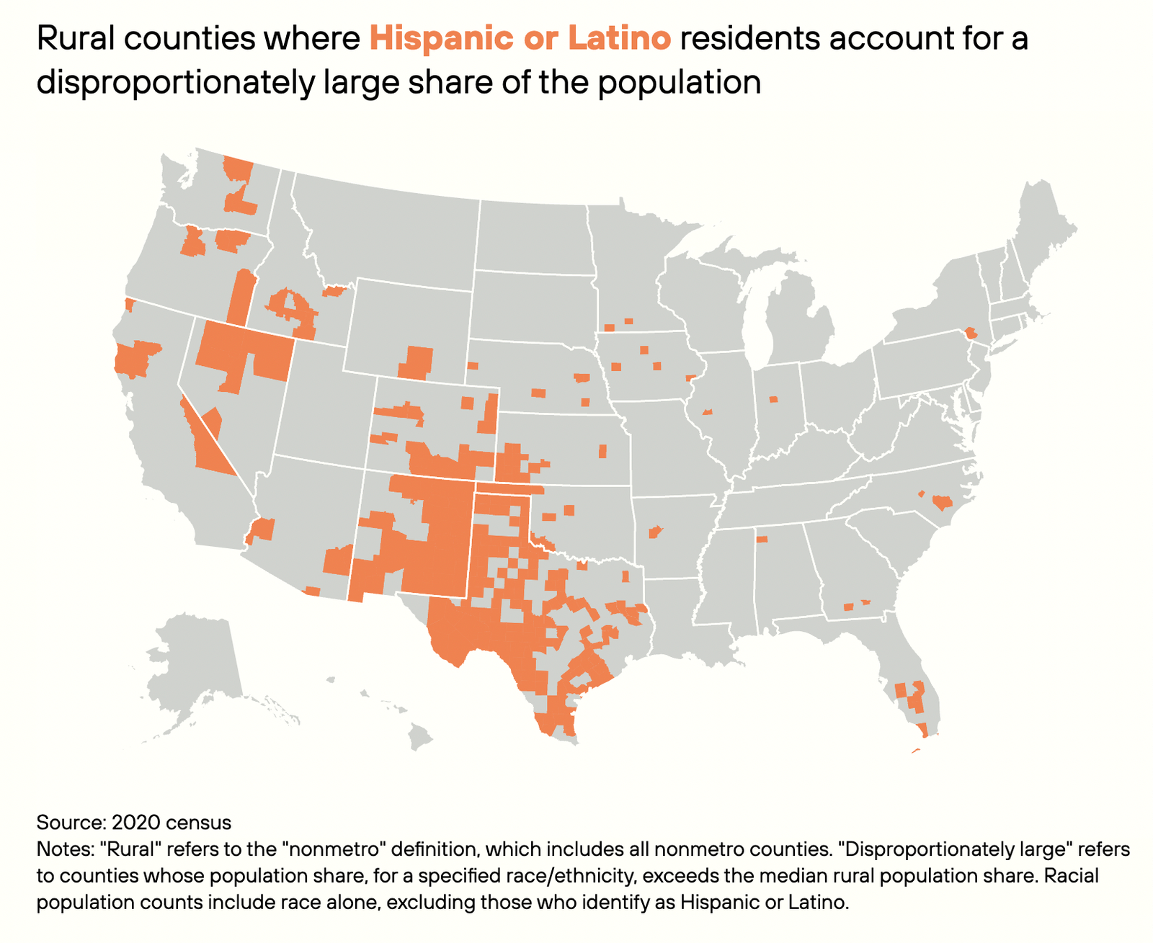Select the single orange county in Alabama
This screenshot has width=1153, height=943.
(x=762, y=539)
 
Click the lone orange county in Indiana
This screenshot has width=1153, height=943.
(x=774, y=399)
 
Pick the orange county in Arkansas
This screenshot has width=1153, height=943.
(x=655, y=532)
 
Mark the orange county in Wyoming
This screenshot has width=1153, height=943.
(x=416, y=362)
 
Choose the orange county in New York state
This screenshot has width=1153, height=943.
(x=971, y=333)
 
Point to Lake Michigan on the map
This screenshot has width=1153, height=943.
(x=753, y=317)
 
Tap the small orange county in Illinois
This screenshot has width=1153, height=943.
(x=707, y=411)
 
